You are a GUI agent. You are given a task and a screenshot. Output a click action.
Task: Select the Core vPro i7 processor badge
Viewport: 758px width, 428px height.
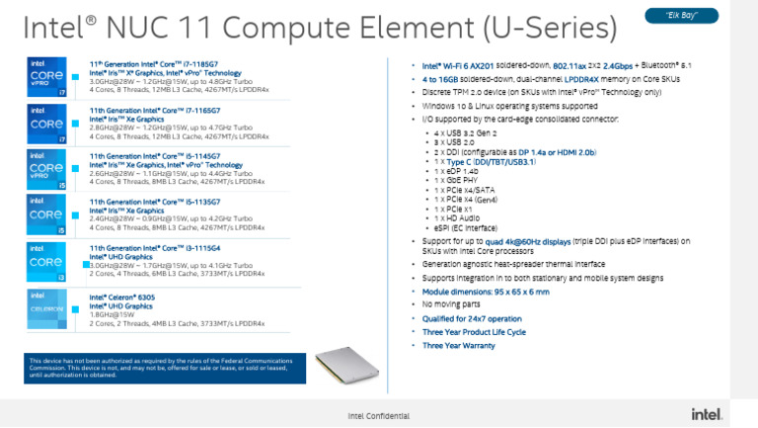coord(46,76)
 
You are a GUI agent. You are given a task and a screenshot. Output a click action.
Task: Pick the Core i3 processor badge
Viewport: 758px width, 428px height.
coord(46,262)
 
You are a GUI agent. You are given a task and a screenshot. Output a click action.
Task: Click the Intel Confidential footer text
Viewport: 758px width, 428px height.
coord(378,415)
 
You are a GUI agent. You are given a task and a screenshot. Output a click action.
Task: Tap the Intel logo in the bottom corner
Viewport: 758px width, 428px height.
coord(705,414)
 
